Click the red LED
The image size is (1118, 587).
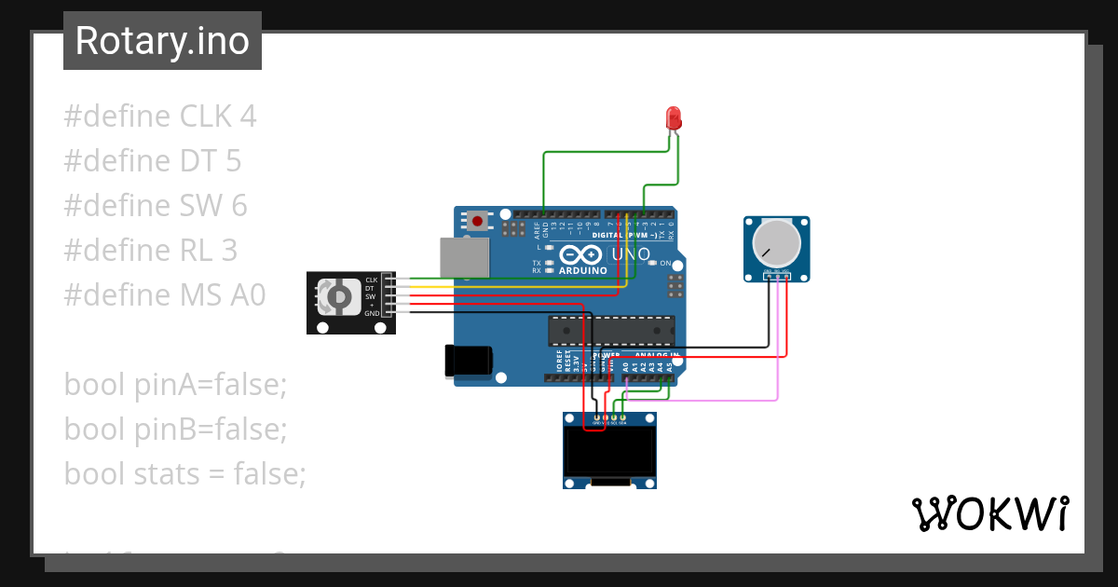674,118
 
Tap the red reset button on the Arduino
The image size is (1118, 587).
478,222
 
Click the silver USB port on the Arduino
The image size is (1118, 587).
463,256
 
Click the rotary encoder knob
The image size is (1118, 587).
337,297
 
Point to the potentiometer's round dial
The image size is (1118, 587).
776,243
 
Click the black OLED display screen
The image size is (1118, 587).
609,451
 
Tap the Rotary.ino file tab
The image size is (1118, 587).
162,41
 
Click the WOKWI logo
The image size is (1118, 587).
989,513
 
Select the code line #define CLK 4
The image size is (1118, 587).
160,116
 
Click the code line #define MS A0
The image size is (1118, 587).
165,295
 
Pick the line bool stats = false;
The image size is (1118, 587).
184,473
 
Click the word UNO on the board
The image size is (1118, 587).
632,254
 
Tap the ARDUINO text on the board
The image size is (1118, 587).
584,271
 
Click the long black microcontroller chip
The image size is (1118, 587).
611,331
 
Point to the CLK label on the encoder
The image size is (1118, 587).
371,279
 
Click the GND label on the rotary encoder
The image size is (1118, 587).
372,313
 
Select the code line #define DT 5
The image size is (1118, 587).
153,161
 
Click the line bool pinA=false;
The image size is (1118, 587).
175,384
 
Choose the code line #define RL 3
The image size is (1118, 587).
151,251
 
